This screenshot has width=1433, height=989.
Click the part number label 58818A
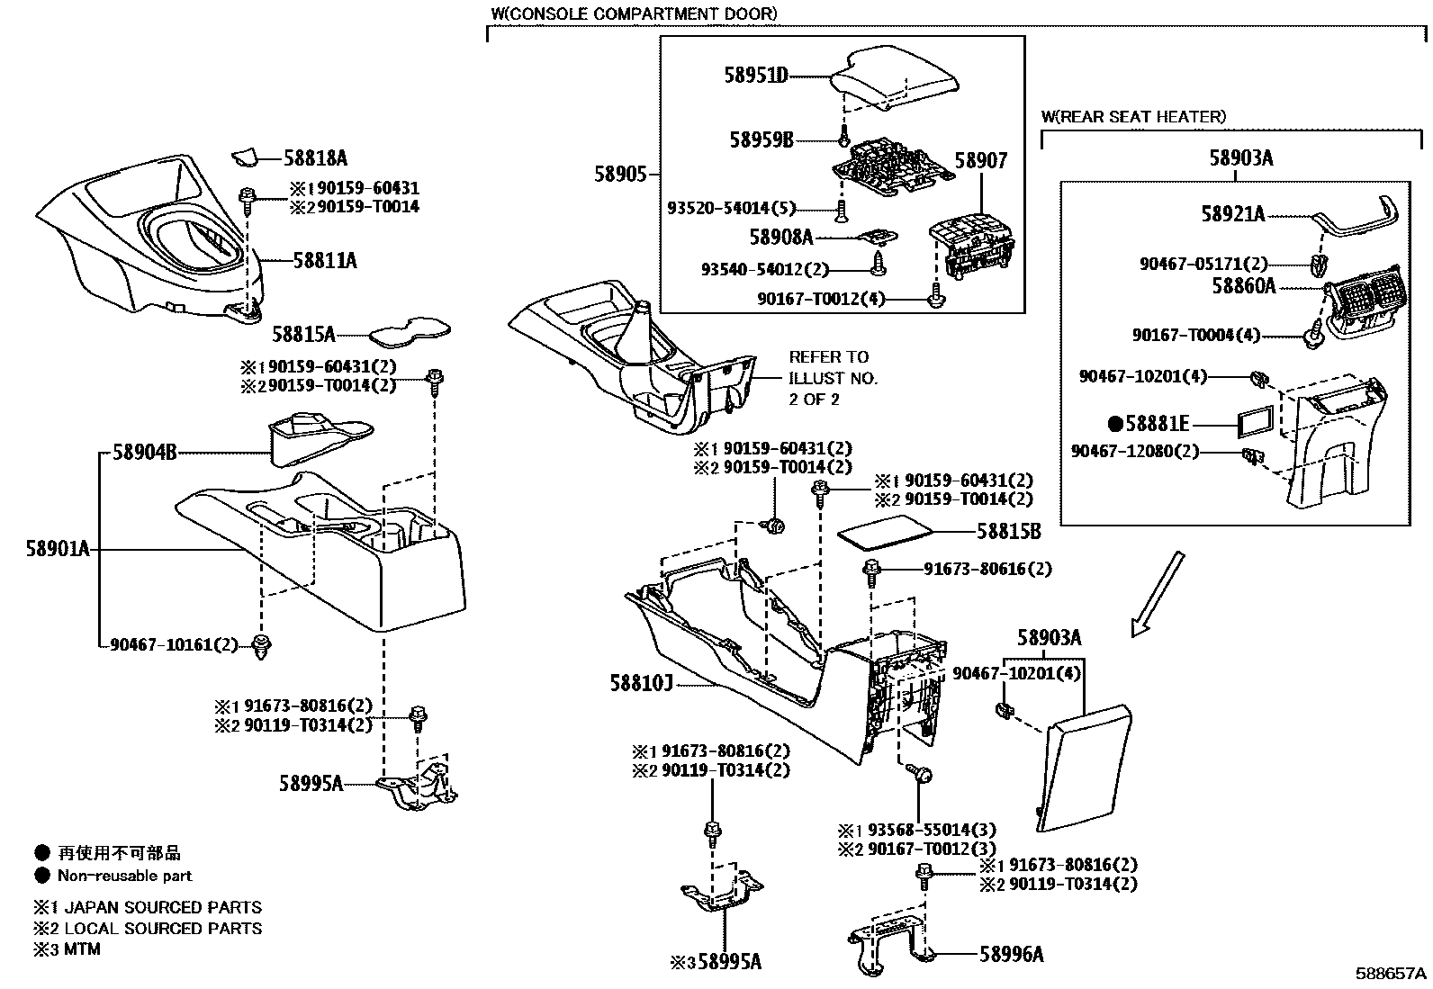[315, 158]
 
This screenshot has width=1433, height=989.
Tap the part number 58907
[980, 160]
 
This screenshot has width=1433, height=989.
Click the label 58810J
[643, 685]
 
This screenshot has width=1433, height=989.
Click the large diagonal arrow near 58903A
[1157, 595]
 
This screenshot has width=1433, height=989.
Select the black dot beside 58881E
[1114, 423]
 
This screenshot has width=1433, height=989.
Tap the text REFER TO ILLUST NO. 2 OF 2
[833, 378]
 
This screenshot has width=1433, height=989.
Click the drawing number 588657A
[1392, 974]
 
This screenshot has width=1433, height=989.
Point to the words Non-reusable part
[124, 876]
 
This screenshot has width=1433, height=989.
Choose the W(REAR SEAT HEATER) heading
[1133, 117]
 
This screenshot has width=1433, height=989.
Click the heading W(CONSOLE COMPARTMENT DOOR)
[634, 14]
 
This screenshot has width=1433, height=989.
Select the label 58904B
[144, 453]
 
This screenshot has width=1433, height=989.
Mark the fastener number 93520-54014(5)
[731, 208]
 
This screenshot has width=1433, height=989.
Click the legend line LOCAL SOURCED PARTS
[159, 928]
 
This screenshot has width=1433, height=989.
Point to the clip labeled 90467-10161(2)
[262, 645]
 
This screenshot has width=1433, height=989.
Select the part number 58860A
[1243, 286]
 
